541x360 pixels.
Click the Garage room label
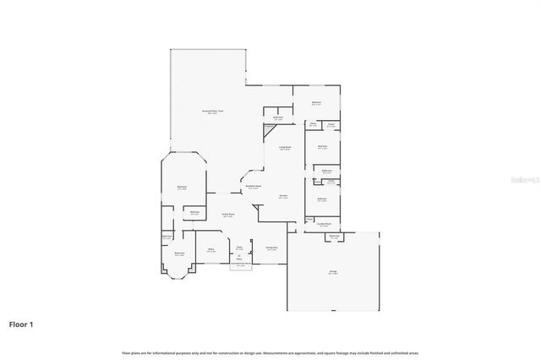332,273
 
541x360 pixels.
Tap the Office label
210,250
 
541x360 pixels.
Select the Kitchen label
283,197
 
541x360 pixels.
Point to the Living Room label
285,148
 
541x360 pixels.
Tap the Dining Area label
270,248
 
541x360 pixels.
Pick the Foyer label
239,248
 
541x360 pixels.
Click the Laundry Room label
323,224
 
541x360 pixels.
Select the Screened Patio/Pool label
211,112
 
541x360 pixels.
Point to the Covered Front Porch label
240,265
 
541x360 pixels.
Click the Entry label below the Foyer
239,256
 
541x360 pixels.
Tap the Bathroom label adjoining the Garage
335,237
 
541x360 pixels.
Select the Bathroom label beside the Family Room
194,213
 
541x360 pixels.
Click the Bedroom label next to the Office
179,254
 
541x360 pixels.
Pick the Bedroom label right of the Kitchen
321,199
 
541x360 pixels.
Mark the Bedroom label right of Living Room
321,147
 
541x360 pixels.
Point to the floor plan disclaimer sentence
270,352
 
